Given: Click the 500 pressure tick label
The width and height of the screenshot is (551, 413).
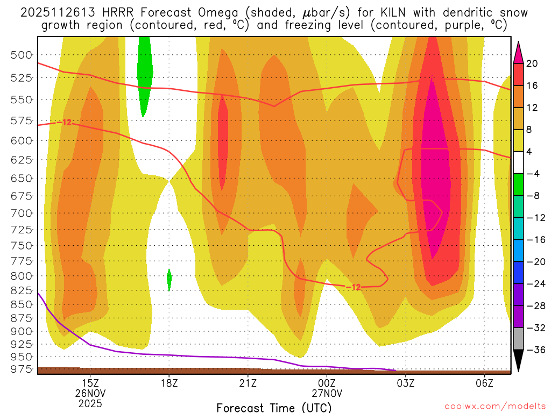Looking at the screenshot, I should (22, 54).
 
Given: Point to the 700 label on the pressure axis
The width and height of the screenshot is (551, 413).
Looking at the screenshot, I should (22, 213).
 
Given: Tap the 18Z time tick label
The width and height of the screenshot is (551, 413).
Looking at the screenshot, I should (169, 383).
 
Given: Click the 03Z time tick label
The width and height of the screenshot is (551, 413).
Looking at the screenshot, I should (405, 383).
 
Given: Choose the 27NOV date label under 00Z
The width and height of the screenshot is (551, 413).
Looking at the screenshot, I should (327, 393).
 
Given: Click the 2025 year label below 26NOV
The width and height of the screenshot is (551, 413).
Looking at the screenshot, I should (90, 402).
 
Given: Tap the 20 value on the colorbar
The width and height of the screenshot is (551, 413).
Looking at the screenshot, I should (532, 63).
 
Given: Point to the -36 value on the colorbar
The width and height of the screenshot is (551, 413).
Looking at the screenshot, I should (534, 350).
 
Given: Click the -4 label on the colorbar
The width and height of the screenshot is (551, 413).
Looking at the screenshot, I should (534, 174).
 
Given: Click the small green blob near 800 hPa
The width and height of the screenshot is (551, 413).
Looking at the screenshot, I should (169, 279).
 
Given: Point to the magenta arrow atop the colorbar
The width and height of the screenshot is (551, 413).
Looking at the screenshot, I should (519, 51).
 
